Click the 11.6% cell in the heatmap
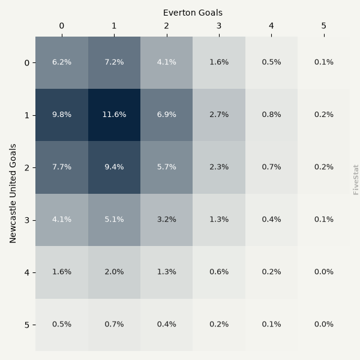(x=114, y=115)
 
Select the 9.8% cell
(x=62, y=115)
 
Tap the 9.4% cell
(x=114, y=167)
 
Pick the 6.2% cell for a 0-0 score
(x=62, y=62)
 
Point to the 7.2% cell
(x=114, y=62)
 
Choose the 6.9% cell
(x=166, y=115)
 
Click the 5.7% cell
(x=166, y=167)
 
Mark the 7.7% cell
(x=62, y=167)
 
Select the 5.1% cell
(x=114, y=220)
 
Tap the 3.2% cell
(x=166, y=220)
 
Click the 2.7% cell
(x=219, y=115)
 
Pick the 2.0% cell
(x=114, y=272)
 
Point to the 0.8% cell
(x=271, y=115)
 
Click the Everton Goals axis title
(x=193, y=13)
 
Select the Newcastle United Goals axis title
(x=13, y=193)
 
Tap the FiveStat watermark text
(x=355, y=180)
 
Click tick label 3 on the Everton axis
(x=219, y=26)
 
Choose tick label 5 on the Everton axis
(x=324, y=26)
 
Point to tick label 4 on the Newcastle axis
(x=27, y=272)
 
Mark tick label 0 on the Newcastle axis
(x=27, y=63)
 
